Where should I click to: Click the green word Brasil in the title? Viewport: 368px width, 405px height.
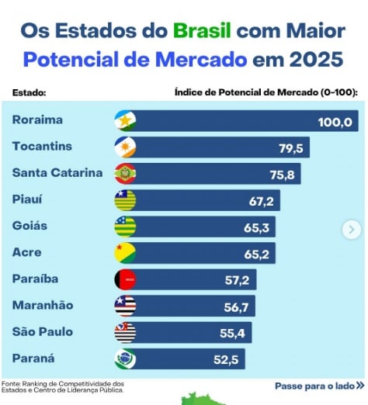(201, 31)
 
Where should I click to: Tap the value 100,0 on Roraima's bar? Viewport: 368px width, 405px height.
(335, 122)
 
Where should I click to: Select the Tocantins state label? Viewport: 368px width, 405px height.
(42, 147)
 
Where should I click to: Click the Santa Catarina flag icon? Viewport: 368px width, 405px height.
(125, 174)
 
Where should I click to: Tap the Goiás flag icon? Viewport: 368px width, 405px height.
(125, 227)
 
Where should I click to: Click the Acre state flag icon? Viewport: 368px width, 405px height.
(125, 253)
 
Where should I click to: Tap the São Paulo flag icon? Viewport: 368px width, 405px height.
(125, 333)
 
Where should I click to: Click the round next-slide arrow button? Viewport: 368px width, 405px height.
(352, 229)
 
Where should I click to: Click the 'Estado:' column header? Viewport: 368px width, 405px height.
(30, 92)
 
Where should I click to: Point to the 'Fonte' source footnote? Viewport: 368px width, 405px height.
(62, 386)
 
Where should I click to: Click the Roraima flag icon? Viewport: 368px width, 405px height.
(125, 121)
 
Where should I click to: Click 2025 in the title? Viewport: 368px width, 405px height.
(316, 59)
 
